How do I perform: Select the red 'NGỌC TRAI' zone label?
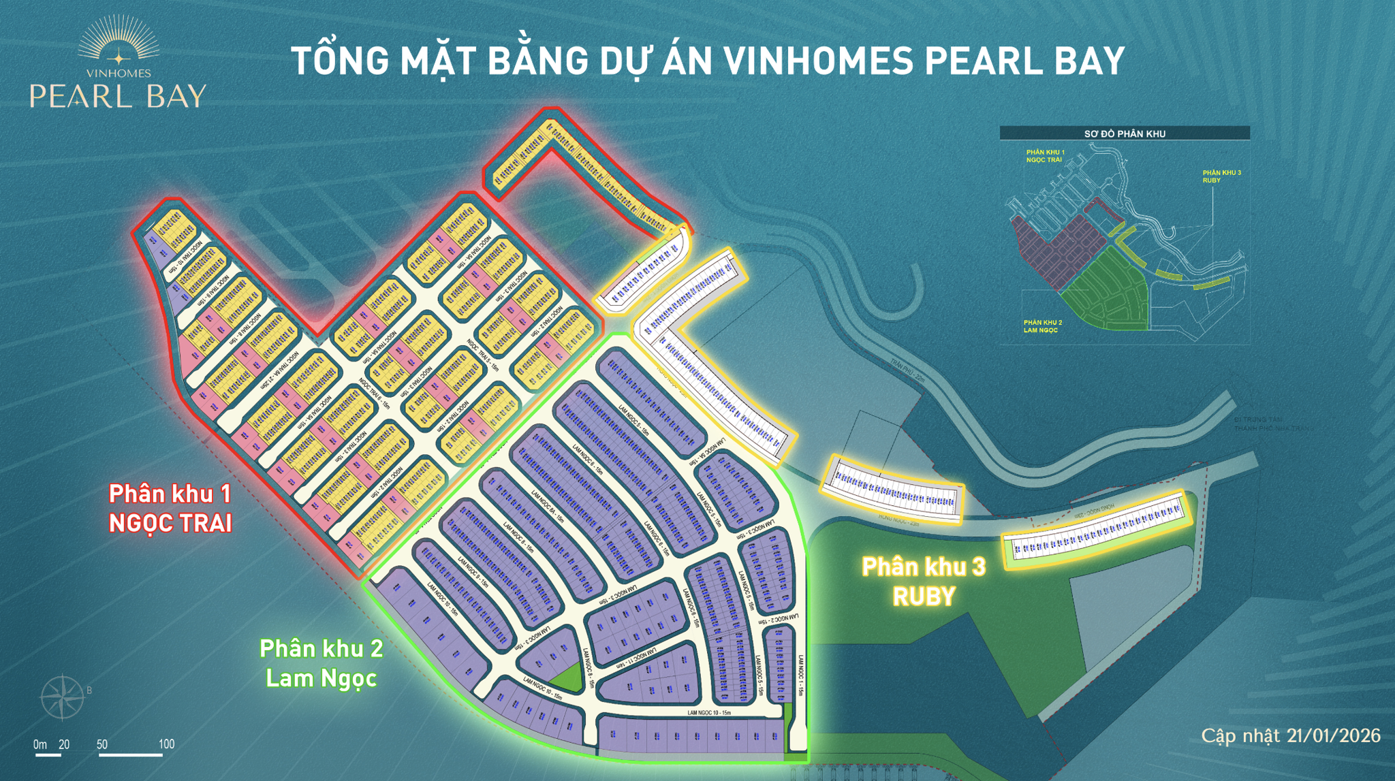coord(170,523)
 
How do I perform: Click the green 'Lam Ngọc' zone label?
coord(321,678)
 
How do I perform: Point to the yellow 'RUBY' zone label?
coord(924,596)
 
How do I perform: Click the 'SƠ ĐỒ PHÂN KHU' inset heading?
coord(1124,133)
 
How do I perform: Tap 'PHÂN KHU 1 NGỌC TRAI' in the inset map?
coord(1045,156)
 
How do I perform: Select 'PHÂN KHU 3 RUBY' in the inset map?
coord(1221,176)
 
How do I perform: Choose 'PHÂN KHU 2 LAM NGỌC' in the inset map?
coord(1042,326)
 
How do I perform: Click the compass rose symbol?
coord(62,697)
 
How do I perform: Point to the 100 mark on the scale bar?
coord(166,744)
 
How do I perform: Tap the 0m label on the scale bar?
coord(40,744)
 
